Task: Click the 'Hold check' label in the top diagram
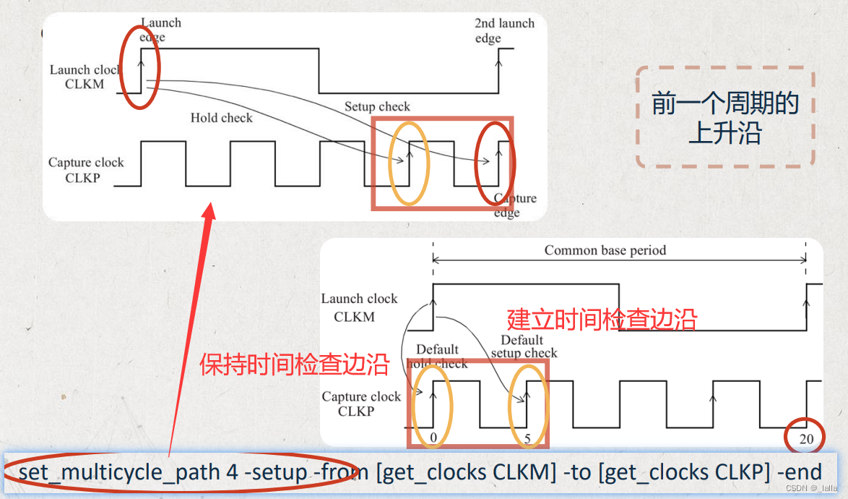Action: (221, 118)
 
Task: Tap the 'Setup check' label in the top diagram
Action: (377, 107)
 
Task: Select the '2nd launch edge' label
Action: (504, 30)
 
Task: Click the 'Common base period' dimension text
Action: (605, 251)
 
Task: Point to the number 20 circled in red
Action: (806, 438)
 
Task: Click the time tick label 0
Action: (433, 438)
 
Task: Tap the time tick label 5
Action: (527, 438)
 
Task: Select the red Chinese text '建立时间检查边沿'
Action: (602, 319)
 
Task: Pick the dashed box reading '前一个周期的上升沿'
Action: (725, 118)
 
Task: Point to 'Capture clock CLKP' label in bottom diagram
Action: (360, 404)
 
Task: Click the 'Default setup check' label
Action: (524, 346)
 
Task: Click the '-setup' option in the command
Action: (275, 473)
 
